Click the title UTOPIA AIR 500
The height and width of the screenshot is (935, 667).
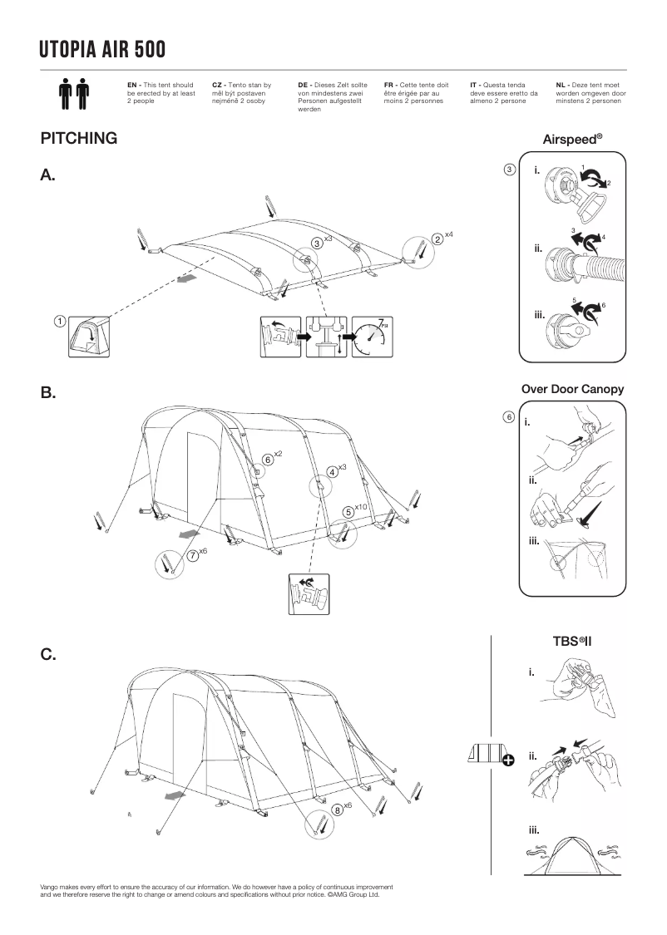pos(102,51)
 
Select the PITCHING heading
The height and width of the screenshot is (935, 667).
pos(78,139)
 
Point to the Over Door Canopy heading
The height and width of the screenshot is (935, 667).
pos(572,389)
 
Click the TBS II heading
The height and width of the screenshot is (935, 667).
pos(572,641)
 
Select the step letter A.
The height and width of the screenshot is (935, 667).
pos(47,175)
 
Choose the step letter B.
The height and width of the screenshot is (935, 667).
pos(47,393)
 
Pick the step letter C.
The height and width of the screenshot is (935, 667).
pos(48,655)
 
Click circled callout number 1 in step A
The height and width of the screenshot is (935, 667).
pos(60,321)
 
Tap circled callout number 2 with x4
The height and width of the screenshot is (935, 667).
pos(437,239)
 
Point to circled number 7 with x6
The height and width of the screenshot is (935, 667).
pos(193,555)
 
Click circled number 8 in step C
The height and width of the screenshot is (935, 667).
pos(337,810)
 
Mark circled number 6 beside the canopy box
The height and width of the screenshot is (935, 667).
pos(508,416)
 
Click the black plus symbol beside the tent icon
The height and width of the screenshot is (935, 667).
pos(507,757)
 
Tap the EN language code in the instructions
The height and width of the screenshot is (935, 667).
pos(132,85)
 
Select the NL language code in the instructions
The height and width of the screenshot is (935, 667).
pos(561,85)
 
